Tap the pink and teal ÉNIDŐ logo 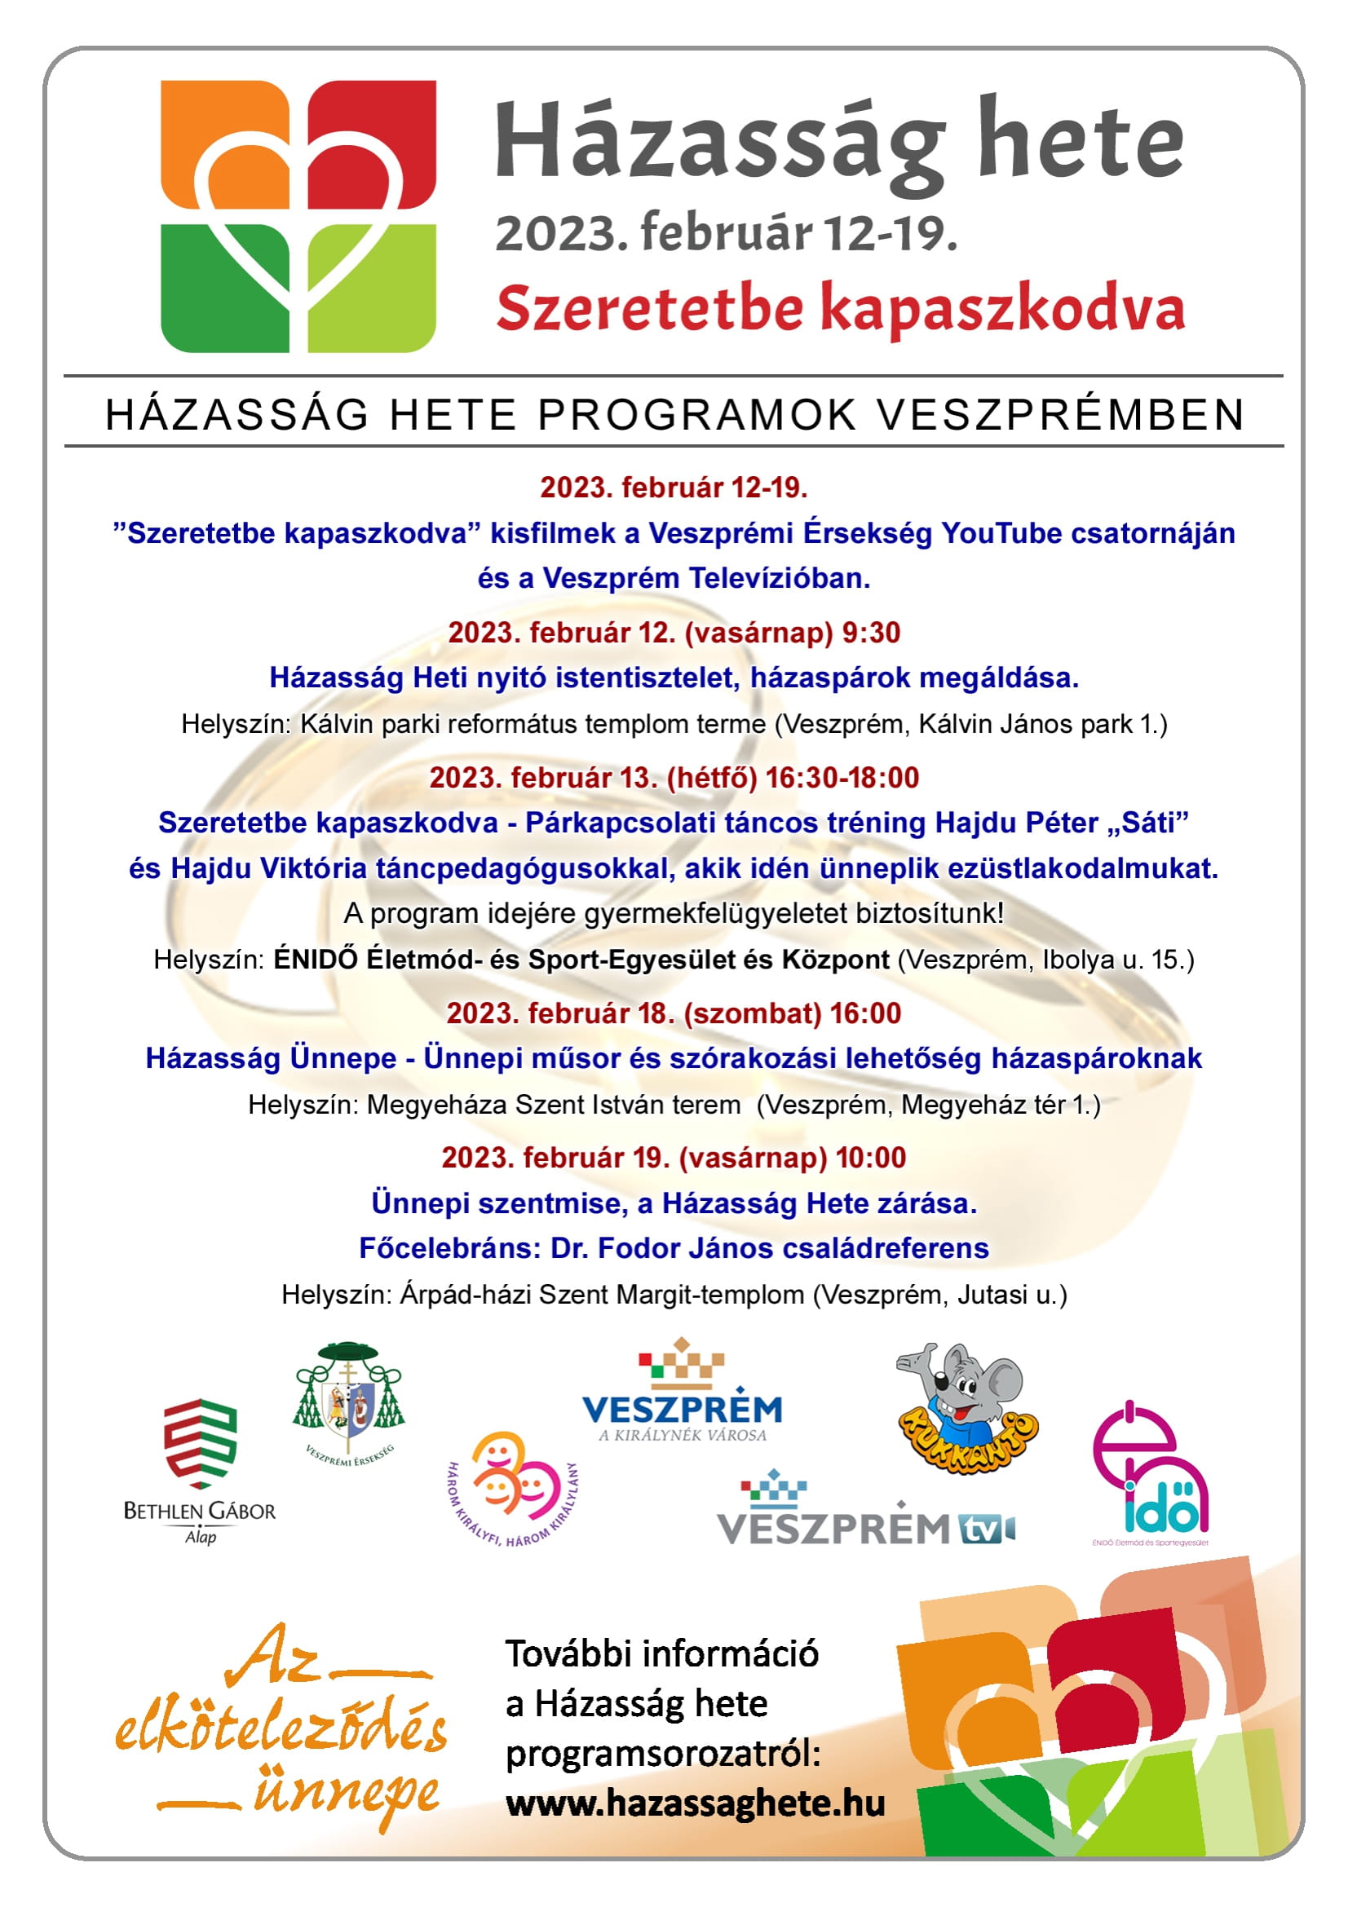tap(1150, 1470)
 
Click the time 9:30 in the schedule tap(871, 633)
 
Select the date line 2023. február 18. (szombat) tap(634, 1013)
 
